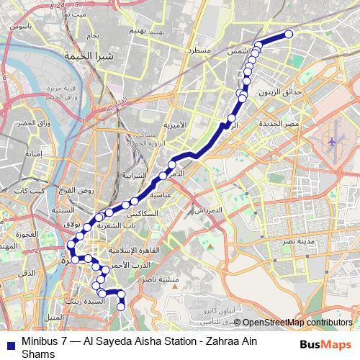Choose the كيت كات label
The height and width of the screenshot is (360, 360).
[35, 190]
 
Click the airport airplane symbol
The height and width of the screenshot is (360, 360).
[332, 142]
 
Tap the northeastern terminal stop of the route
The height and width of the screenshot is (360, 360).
[289, 34]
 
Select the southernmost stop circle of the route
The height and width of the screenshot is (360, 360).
[121, 305]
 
